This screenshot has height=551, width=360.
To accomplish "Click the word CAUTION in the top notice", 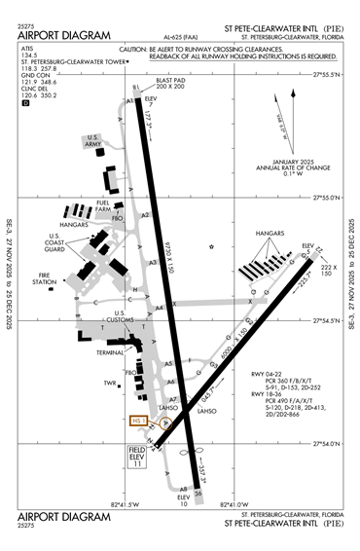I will tap(135, 47).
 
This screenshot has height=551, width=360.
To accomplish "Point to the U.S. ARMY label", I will tap(94, 143).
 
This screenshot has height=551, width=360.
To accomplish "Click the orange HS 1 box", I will tap(137, 422).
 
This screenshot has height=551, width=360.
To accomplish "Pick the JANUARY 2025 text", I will tap(284, 161).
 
